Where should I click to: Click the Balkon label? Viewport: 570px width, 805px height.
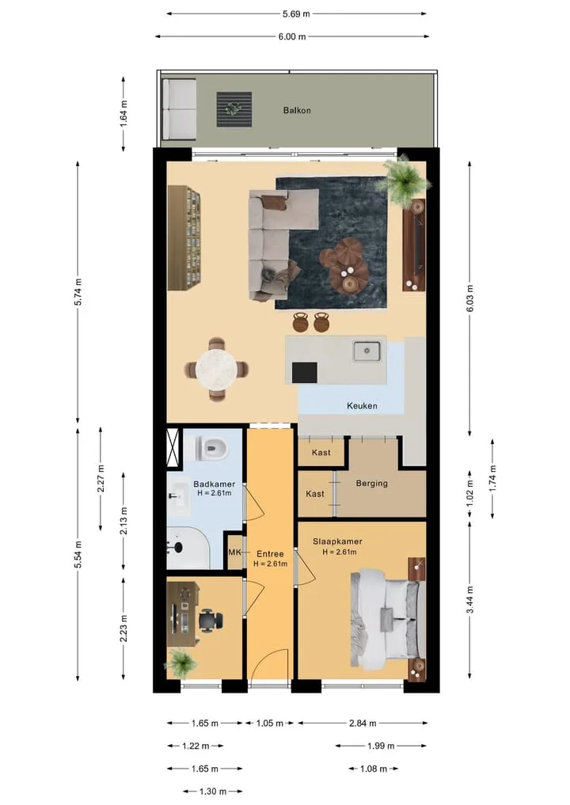coord(297,110)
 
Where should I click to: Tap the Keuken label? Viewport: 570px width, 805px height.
coord(362,405)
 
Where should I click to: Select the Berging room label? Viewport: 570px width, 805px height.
coord(372,483)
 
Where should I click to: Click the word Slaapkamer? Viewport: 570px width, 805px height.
coord(337,541)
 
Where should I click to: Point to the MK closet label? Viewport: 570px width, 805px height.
coord(234,552)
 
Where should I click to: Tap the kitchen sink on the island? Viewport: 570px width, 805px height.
coord(367,351)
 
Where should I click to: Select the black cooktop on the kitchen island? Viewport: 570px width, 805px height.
coord(305,373)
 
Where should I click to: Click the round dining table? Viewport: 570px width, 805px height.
coord(217,369)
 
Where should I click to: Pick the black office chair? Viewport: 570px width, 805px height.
coord(211,621)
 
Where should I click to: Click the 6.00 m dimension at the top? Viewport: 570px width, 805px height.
coord(292,36)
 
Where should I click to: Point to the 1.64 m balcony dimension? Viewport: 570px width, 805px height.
coord(123,114)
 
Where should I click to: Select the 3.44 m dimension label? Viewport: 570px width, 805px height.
coord(469,599)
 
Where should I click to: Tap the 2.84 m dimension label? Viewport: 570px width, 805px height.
coord(363,723)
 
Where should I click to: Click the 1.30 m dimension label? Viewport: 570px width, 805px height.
coord(213,791)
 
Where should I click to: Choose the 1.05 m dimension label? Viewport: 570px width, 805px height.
coord(270,723)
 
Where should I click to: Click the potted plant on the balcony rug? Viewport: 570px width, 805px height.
coord(234,109)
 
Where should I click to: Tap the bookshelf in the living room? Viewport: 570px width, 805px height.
coord(184,238)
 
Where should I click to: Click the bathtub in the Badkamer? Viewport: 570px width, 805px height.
coord(188,547)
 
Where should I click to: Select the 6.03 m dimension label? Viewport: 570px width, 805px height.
coord(469,298)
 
